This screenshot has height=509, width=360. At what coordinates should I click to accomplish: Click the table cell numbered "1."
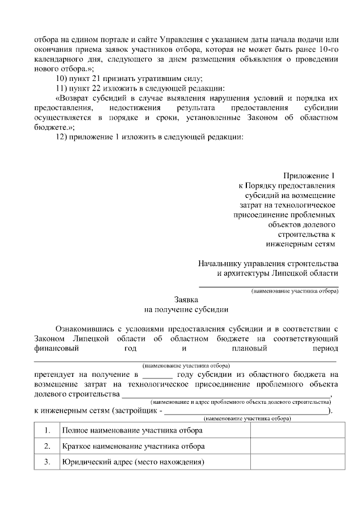click(x=47, y=430)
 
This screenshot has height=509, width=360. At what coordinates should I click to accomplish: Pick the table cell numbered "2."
click(x=47, y=447)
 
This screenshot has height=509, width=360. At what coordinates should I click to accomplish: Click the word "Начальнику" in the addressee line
click(x=221, y=263)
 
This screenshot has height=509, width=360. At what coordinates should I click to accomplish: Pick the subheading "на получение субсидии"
click(x=186, y=309)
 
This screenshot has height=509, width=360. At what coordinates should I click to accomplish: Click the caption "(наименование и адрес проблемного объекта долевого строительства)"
click(x=241, y=402)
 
